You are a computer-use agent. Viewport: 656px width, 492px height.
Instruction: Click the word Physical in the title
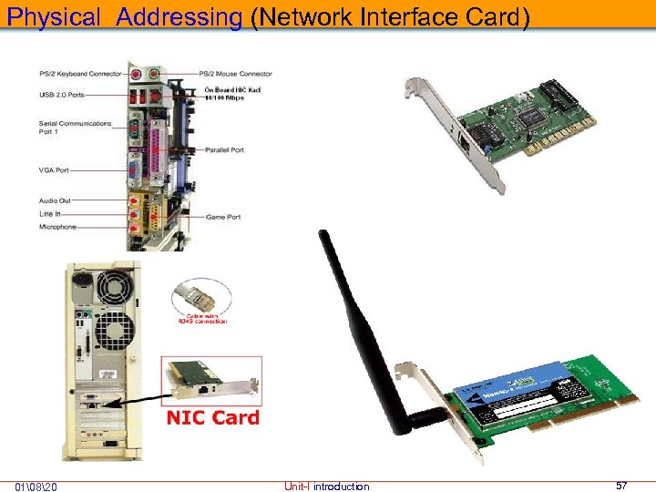(x=54, y=16)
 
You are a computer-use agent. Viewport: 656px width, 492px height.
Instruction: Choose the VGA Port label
(x=54, y=169)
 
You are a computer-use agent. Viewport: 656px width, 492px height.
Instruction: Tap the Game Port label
(x=221, y=217)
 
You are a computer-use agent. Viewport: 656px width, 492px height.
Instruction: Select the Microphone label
(x=57, y=227)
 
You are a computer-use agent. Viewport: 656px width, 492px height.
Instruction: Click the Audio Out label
(x=55, y=200)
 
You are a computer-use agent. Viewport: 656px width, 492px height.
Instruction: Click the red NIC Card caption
(x=212, y=418)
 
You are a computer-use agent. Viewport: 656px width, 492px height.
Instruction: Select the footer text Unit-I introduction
(x=327, y=487)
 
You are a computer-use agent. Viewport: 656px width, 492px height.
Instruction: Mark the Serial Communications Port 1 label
(x=75, y=127)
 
